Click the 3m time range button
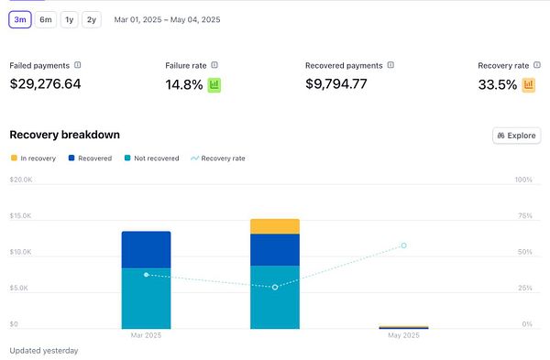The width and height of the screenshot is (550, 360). point(19,19)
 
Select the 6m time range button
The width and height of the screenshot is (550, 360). point(46,19)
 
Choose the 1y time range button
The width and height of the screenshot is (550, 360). point(70,19)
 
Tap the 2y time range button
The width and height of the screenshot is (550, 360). point(91,19)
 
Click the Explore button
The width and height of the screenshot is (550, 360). point(516,136)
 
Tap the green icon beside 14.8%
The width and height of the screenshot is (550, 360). point(214,85)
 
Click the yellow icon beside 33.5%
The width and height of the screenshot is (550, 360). point(528,85)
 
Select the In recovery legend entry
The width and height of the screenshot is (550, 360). point(33,158)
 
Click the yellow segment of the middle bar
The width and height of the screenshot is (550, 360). point(275,226)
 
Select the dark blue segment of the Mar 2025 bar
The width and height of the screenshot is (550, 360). point(146,249)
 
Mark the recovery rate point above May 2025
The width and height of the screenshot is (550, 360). point(403,245)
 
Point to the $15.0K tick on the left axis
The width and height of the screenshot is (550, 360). point(20,216)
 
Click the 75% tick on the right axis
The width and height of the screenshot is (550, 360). point(523,216)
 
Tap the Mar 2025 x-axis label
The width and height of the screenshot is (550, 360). point(146,336)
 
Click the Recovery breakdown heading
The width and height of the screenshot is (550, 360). point(64,135)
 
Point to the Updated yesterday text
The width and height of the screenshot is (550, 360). point(43,351)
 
